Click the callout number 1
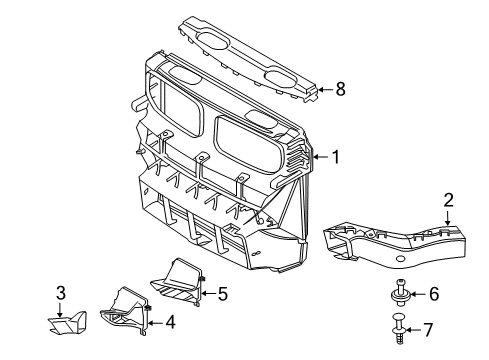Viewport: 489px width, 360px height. click(336, 157)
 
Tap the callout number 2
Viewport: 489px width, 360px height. click(448, 200)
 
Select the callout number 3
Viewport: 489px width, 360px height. click(60, 293)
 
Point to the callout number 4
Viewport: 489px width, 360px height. click(170, 322)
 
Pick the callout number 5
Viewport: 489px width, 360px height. click(222, 293)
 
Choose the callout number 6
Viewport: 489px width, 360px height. click(434, 294)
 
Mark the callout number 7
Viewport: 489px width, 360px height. click(428, 330)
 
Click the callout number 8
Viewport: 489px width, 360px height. click(340, 89)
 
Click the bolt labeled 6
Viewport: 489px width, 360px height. click(400, 292)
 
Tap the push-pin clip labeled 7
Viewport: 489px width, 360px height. click(399, 328)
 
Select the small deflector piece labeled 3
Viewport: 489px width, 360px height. click(67, 323)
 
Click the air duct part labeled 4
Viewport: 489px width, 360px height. click(125, 311)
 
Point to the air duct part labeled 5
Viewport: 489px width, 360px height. click(177, 282)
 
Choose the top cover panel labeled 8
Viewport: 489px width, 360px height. click(249, 60)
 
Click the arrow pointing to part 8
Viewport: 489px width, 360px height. click(326, 89)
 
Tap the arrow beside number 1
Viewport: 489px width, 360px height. click(320, 157)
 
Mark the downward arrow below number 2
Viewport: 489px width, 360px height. click(448, 217)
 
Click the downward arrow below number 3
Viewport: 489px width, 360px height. click(60, 310)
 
